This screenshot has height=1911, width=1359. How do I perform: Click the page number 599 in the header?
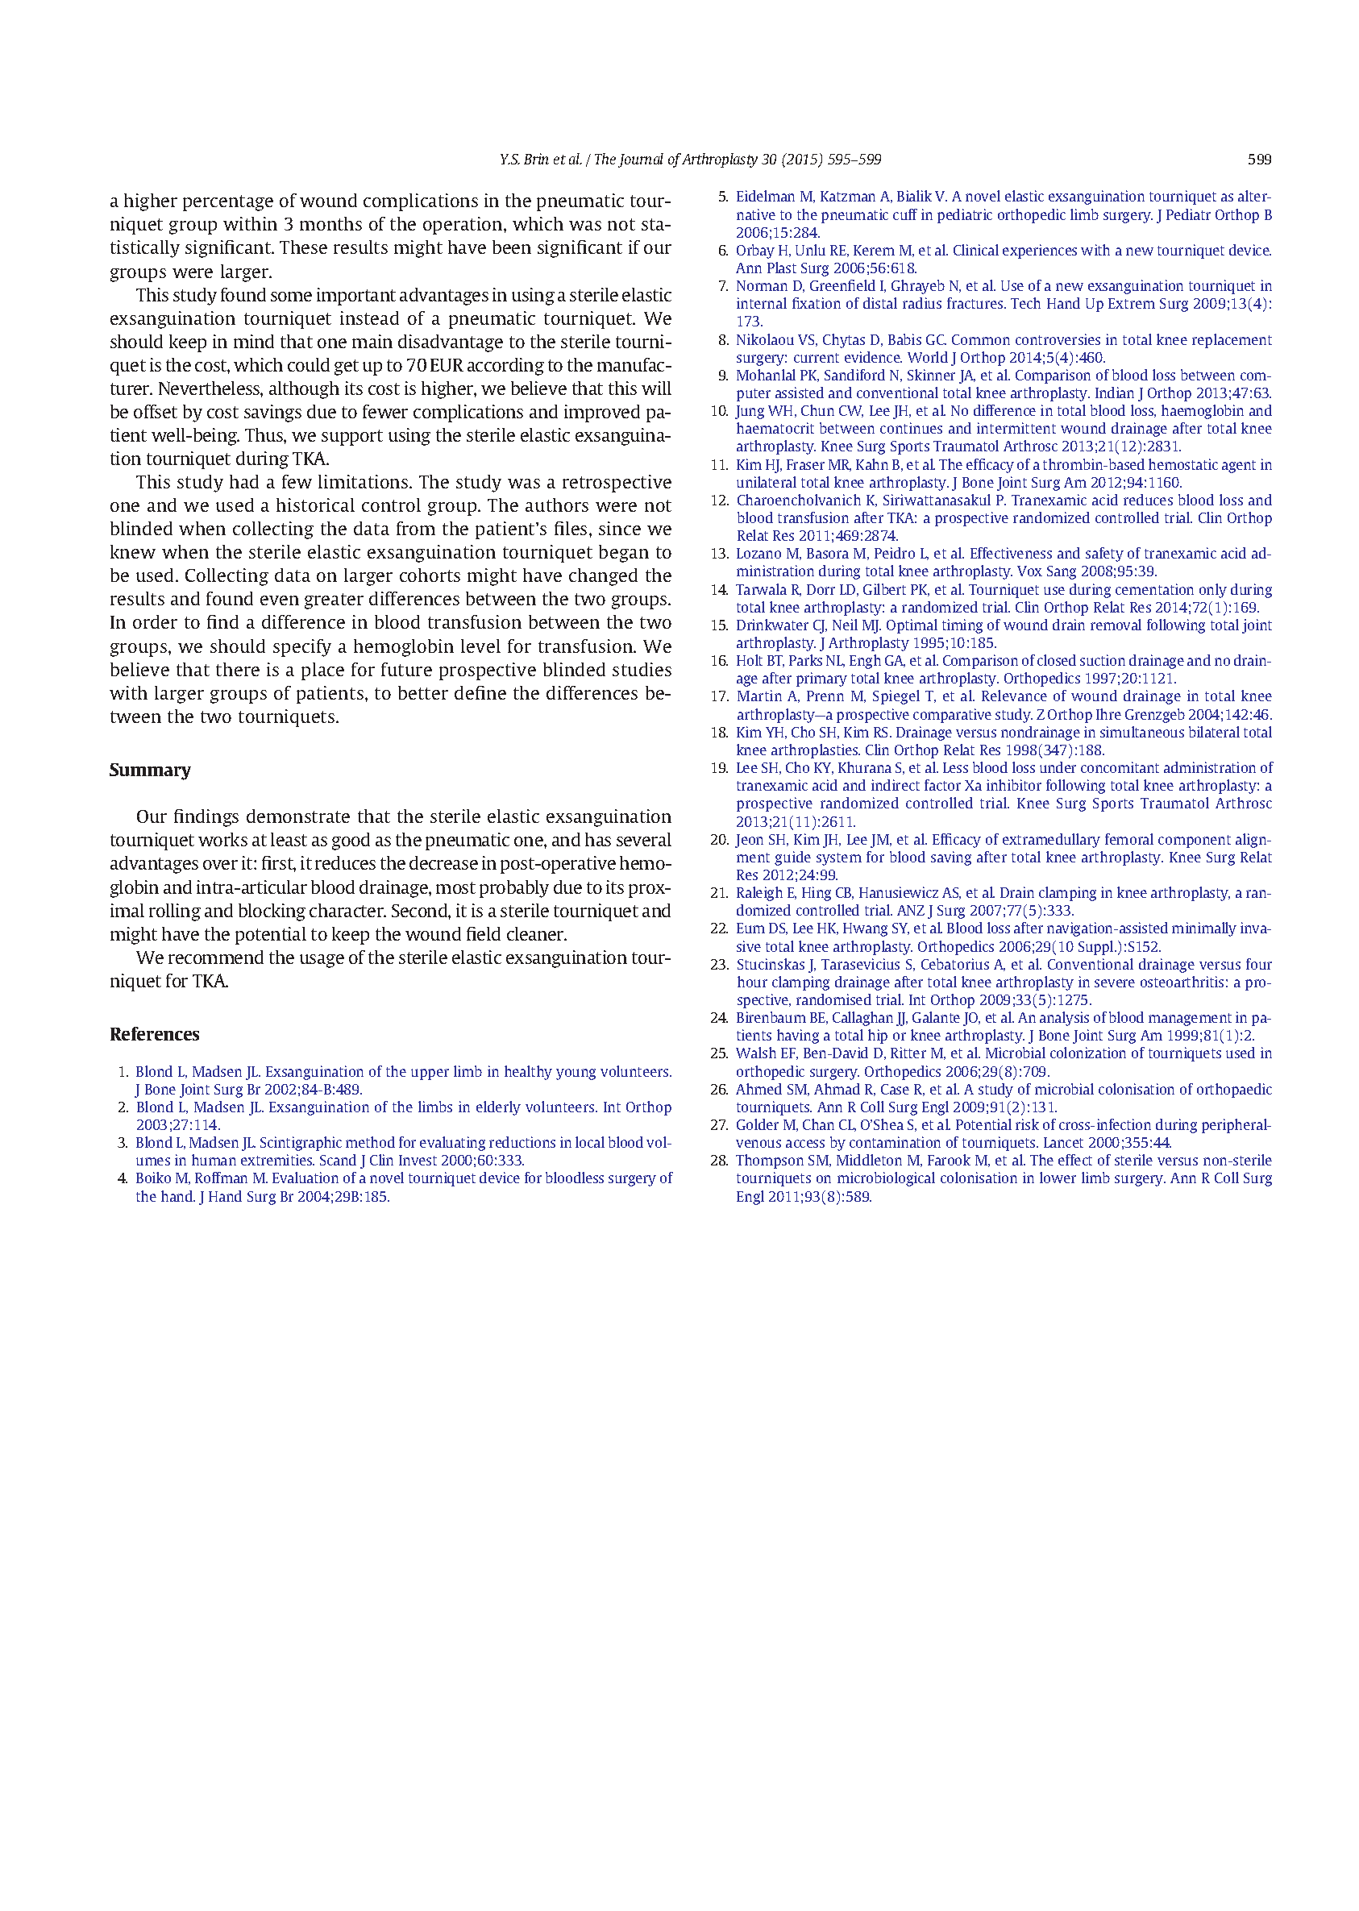[1258, 159]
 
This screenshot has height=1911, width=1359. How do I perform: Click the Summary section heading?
[150, 770]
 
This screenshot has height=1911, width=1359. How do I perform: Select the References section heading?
[155, 1034]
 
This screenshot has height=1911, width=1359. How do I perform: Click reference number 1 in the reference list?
[123, 1072]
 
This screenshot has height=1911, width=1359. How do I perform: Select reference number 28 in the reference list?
[719, 1161]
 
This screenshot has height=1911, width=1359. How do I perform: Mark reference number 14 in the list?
[719, 590]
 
